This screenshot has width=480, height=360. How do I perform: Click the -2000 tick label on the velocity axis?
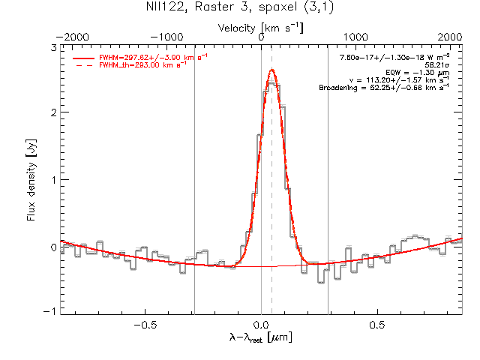click(x=72, y=36)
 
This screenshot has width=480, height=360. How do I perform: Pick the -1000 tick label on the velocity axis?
click(x=167, y=36)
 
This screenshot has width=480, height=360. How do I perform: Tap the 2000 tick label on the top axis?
click(x=450, y=36)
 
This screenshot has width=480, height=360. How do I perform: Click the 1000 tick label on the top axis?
click(x=355, y=36)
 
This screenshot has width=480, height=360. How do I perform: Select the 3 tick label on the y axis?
click(x=52, y=47)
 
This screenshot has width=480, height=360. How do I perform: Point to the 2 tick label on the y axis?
click(x=52, y=112)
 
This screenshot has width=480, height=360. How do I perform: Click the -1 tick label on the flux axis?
click(x=49, y=311)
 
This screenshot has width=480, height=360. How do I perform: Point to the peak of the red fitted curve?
click(x=272, y=70)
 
